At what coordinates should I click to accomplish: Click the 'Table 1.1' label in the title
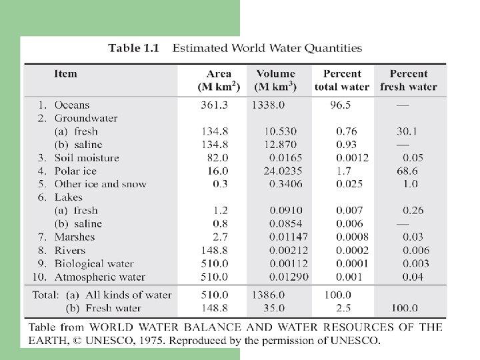[x=134, y=48]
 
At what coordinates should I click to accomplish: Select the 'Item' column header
[x=65, y=74]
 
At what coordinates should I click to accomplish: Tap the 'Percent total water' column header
[x=342, y=80]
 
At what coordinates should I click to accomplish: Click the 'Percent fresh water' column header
[x=409, y=80]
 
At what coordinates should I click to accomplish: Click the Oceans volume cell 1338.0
[x=268, y=105]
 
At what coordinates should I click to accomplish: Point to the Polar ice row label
[x=75, y=171]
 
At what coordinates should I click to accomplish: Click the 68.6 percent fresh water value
[x=411, y=171]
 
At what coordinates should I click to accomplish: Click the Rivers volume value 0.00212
[x=289, y=250]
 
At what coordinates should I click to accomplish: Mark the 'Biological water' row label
[x=94, y=263]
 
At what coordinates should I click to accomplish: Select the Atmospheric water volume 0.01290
[x=289, y=277]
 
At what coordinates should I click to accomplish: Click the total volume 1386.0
[x=268, y=295]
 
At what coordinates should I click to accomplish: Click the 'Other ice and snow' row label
[x=100, y=184]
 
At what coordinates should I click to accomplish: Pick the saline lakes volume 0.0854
[x=286, y=223]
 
